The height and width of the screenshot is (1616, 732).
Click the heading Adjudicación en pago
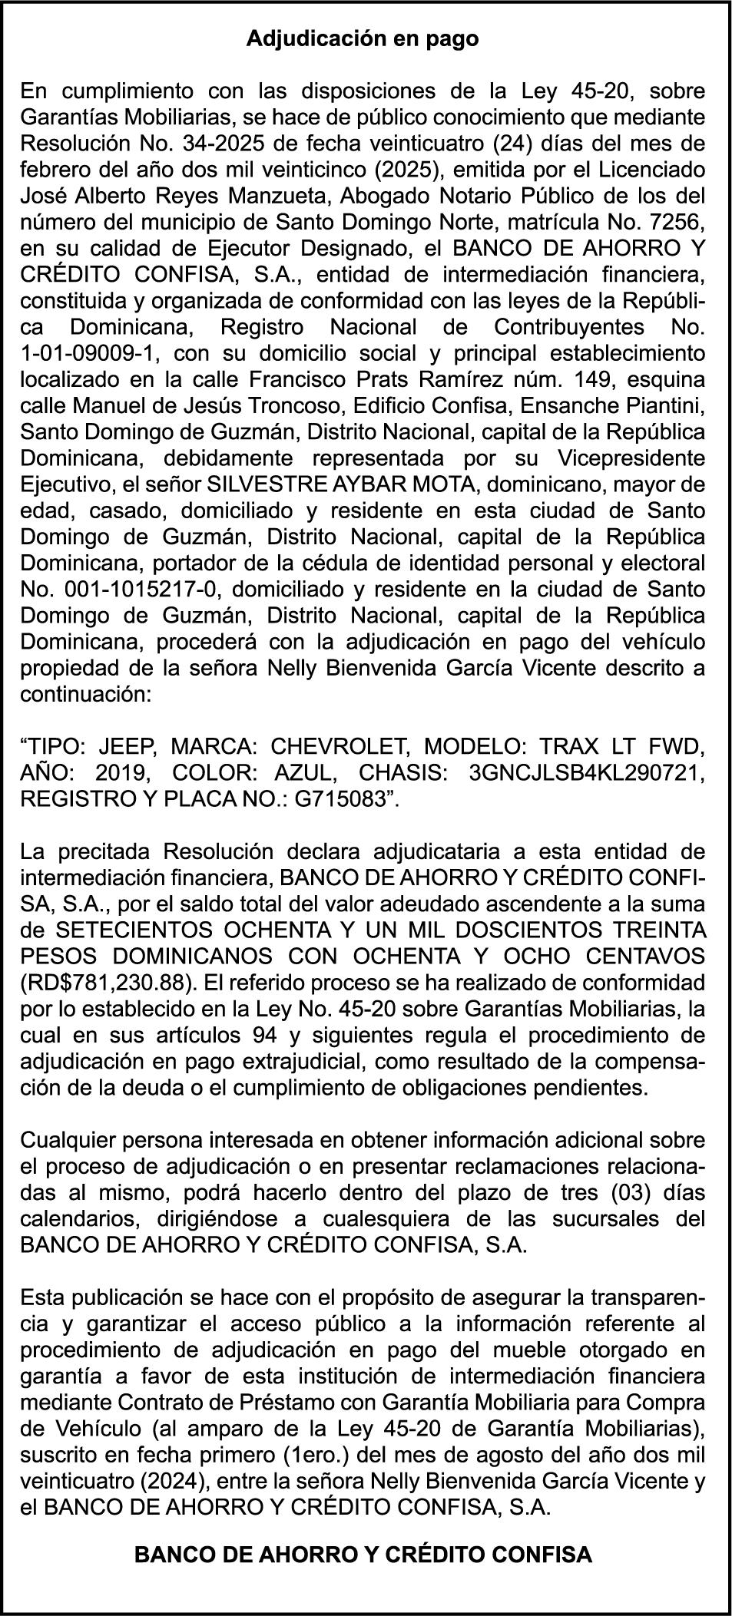(362, 39)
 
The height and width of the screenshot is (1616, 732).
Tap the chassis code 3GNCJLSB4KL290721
(586, 772)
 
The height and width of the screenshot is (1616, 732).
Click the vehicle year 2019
(128, 772)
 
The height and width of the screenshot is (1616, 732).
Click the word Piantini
(664, 405)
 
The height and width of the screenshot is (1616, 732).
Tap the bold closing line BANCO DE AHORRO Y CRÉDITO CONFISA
(363, 1555)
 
